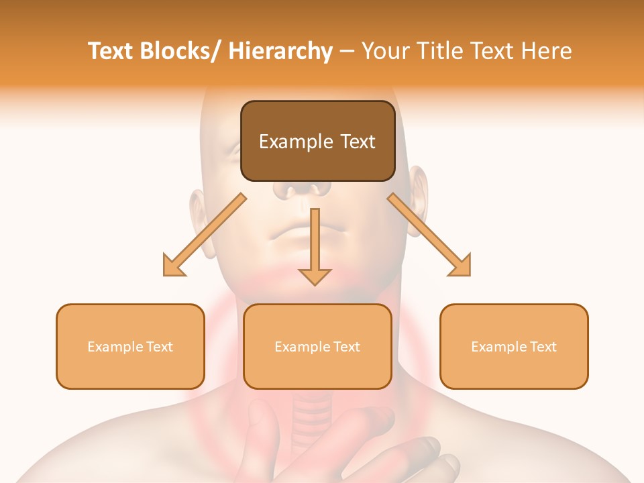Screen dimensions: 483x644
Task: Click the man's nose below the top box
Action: coord(302,190)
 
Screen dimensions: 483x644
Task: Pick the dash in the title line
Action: coord(346,52)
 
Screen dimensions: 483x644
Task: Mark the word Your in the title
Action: coord(384,51)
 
